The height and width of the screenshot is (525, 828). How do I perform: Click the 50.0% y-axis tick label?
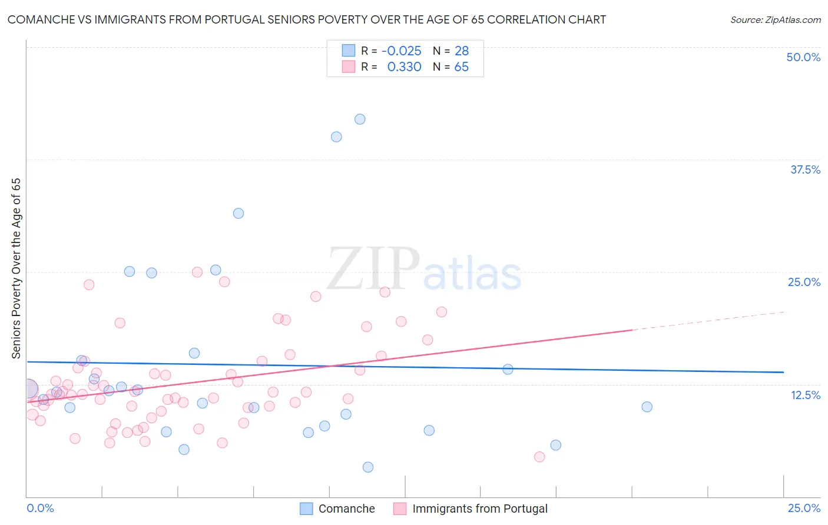tap(803, 57)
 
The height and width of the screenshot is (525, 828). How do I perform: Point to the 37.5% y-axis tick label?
tap(805, 170)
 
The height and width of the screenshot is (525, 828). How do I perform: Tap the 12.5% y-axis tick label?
tap(805, 395)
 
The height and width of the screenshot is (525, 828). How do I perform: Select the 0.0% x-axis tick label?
tap(40, 508)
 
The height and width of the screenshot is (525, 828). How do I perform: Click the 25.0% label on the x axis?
tap(804, 508)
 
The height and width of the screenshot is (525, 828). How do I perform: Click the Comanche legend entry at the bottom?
tap(346, 509)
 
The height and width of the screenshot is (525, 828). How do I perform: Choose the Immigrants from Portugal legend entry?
tap(479, 509)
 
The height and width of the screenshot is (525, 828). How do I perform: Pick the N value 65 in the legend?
tap(461, 67)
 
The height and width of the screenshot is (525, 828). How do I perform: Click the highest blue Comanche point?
tap(360, 119)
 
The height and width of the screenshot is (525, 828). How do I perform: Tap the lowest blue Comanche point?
tap(368, 467)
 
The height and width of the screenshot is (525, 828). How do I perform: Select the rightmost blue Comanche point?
tap(647, 407)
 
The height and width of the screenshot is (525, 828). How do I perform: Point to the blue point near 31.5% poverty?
tap(239, 213)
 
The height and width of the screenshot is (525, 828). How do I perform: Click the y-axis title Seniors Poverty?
tap(16, 268)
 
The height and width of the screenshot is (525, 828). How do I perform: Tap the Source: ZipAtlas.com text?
tap(775, 20)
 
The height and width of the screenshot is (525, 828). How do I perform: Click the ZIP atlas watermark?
tap(424, 270)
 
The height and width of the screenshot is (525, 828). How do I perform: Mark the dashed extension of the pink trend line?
tap(707, 321)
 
